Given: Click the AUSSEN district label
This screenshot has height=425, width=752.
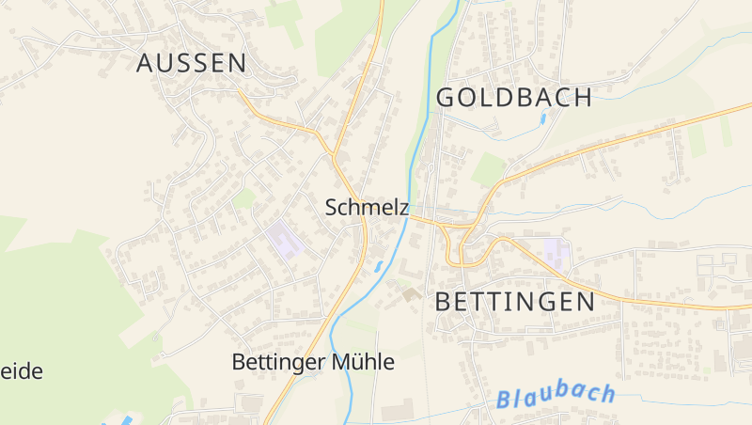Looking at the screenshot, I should pos(192,63).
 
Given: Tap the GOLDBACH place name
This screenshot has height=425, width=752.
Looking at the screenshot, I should pos(514,97).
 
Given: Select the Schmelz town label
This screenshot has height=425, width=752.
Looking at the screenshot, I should pos(367,208).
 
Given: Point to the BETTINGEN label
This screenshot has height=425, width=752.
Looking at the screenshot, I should pos(515,301).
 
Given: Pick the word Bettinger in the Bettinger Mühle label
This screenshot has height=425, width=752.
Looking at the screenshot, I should pos(277,361).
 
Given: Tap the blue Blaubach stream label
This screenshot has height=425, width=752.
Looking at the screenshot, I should pos(556,396).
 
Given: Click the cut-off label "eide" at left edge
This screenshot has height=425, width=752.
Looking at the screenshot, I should pos(21,370).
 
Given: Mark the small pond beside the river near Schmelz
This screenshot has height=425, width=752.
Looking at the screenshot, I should pos(379,266).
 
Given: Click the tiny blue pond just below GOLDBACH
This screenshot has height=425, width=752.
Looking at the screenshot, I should pos(542,119).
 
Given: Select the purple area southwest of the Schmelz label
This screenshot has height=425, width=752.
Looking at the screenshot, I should pos(285,240).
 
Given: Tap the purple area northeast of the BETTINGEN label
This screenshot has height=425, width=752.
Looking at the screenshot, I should pos(555,251).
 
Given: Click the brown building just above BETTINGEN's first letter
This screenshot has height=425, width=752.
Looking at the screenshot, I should pos(411,294).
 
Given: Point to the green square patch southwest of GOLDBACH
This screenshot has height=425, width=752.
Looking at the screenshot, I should pos(488,169).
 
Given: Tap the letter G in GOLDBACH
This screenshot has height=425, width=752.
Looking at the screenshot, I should pos(446,97).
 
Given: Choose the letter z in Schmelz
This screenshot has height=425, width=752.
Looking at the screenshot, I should pos(402,208).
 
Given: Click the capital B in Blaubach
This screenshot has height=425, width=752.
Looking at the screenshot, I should pos(505,400).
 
